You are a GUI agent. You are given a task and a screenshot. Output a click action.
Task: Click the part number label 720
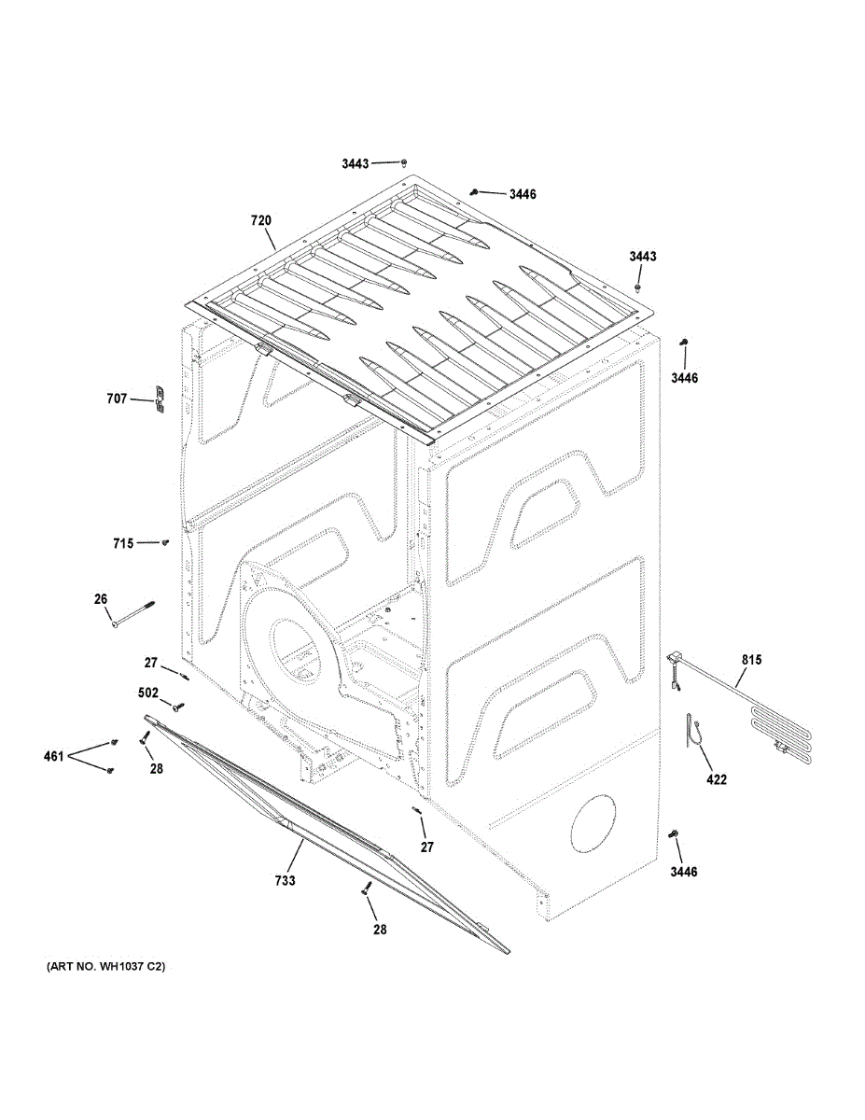click(260, 221)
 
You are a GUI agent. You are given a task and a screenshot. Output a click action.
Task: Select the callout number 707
click(117, 399)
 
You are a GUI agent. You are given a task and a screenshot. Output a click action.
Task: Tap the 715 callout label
click(123, 542)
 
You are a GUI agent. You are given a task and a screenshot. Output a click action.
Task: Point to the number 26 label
click(101, 598)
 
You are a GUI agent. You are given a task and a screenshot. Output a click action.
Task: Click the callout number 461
click(52, 756)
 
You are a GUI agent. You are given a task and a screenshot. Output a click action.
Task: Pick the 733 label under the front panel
click(285, 880)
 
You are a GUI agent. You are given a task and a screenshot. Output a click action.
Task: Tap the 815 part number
click(751, 661)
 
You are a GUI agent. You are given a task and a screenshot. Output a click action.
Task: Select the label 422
click(717, 779)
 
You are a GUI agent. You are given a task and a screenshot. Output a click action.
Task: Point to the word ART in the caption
click(63, 968)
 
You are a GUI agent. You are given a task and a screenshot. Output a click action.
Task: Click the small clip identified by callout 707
click(159, 399)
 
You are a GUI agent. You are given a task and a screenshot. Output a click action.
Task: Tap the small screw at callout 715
click(165, 540)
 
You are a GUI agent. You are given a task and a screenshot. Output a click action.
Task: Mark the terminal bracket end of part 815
click(673, 662)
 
